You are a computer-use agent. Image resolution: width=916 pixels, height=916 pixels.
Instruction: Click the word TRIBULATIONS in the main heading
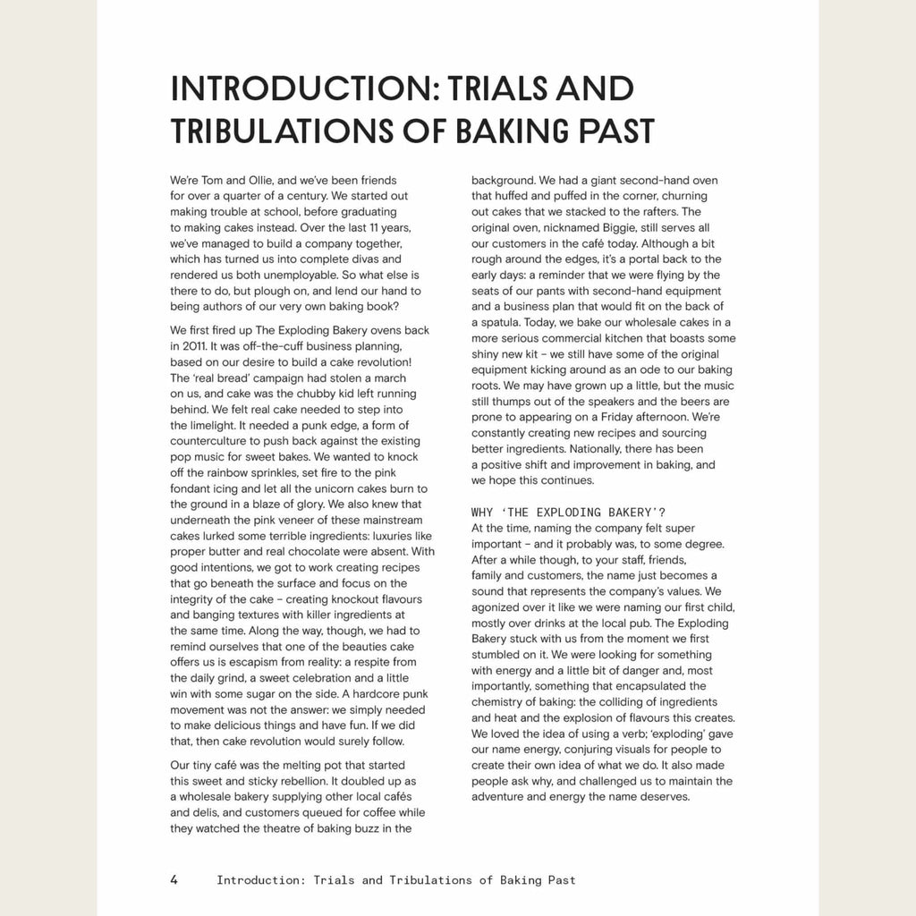(x=290, y=131)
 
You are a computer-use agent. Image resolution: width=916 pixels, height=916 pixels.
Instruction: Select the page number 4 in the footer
(x=174, y=879)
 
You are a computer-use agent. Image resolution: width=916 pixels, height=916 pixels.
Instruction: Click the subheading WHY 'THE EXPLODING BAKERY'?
(x=568, y=513)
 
